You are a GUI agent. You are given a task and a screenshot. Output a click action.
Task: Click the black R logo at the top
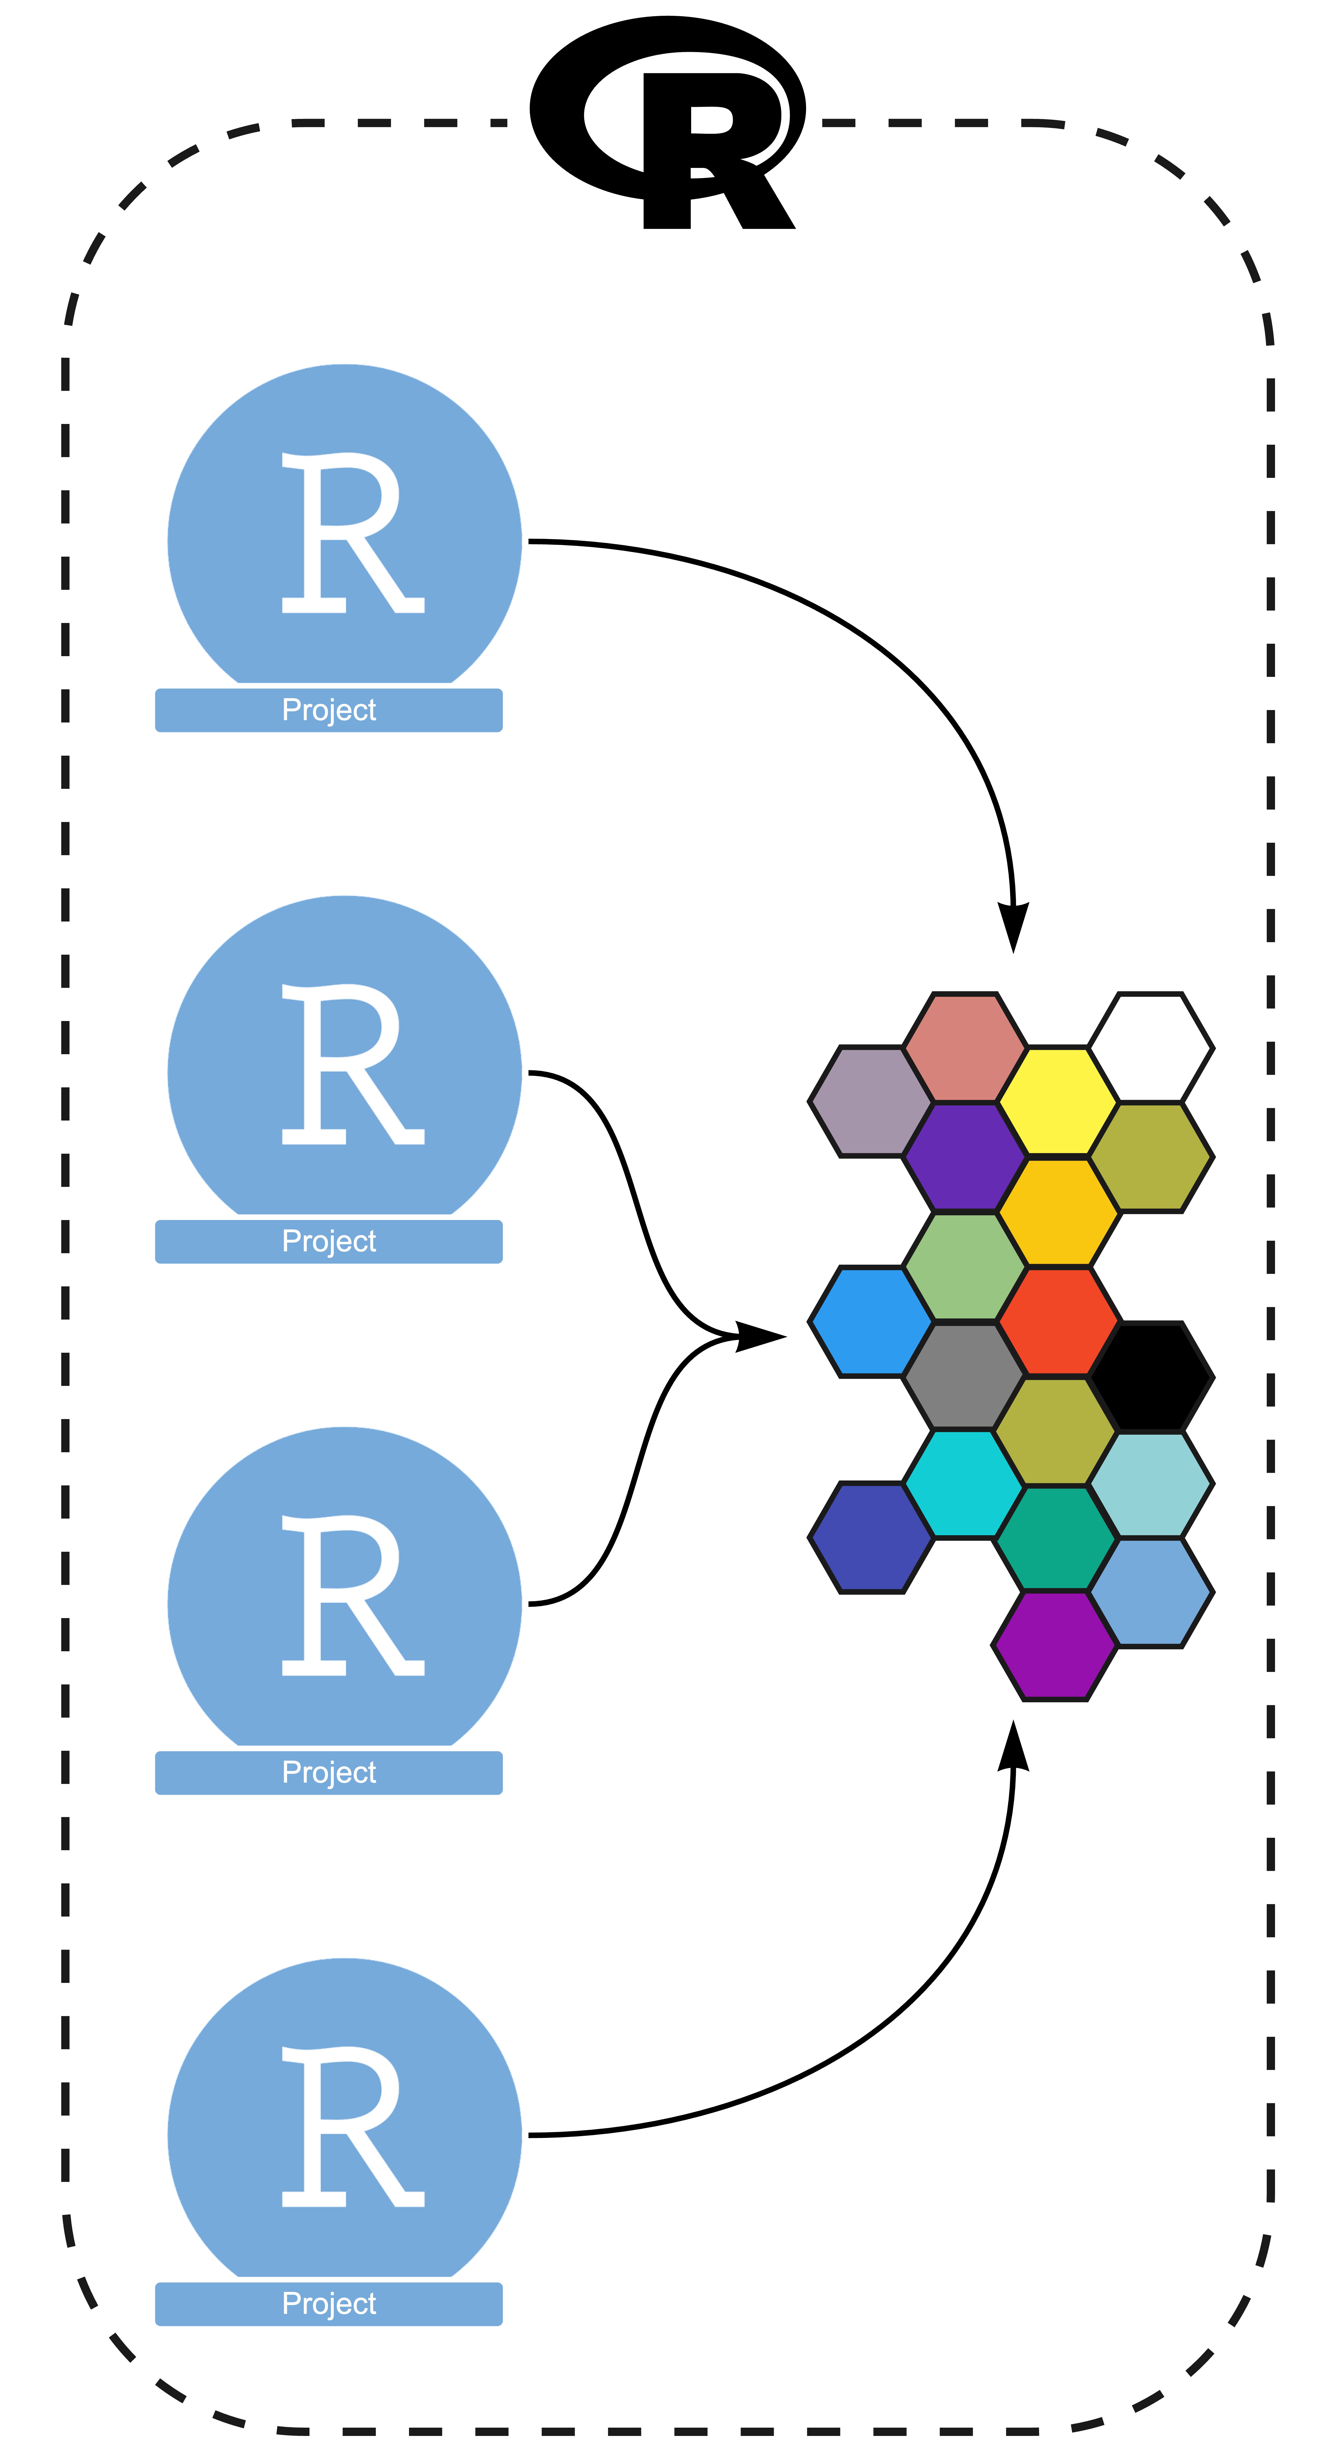[668, 124]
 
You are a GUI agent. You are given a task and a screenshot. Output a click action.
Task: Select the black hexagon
[1151, 1377]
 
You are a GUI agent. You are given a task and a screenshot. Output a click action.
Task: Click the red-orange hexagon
[1057, 1321]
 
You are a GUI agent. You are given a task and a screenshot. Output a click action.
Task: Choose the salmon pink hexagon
[965, 1047]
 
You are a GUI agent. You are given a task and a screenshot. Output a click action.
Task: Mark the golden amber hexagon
[1057, 1211]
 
